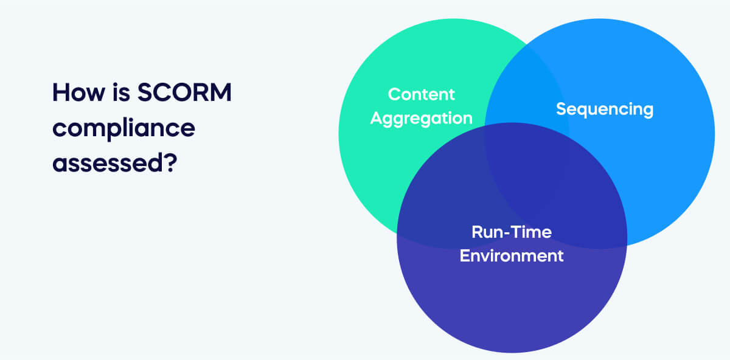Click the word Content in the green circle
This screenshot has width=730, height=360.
click(x=421, y=94)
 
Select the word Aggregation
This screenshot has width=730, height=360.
click(x=421, y=117)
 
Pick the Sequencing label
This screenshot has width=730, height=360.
click(x=604, y=109)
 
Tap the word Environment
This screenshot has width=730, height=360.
click(x=511, y=255)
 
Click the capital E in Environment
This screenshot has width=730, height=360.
click(x=464, y=255)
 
